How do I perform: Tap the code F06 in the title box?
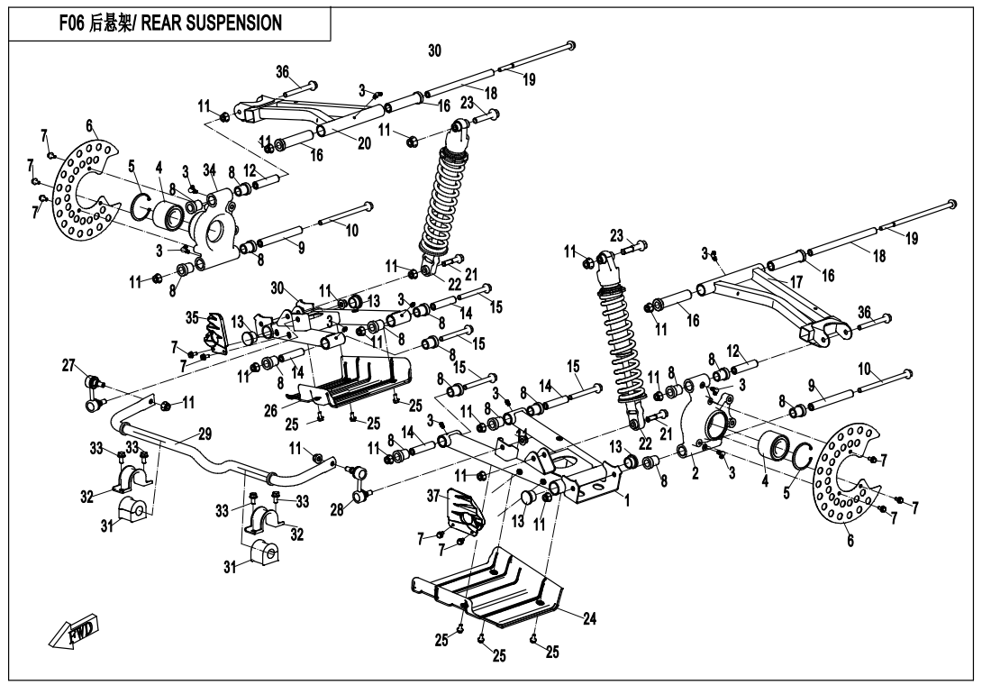tap(74, 23)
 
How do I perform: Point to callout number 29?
tap(205, 434)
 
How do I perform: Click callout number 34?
tap(210, 171)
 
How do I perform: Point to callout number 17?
tap(796, 281)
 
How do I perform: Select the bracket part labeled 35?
tap(215, 334)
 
